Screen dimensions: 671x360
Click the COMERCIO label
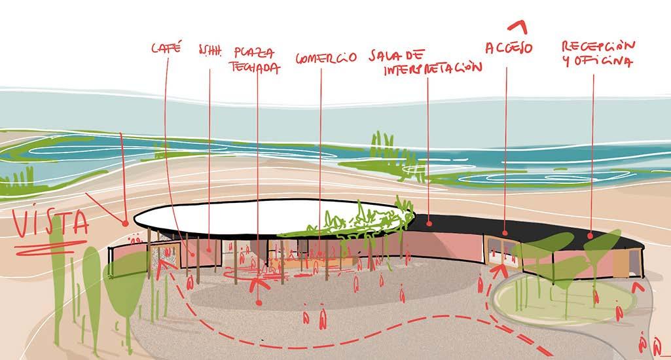coord(325,57)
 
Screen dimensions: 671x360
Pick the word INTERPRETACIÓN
coord(432,68)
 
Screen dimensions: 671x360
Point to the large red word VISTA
coord(51,225)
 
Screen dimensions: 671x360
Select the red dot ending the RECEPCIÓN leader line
coord(591,236)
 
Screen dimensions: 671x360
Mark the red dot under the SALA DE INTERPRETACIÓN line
coord(428,223)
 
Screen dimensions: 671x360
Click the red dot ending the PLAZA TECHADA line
coord(259,302)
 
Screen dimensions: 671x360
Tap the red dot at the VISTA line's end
coord(126,224)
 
